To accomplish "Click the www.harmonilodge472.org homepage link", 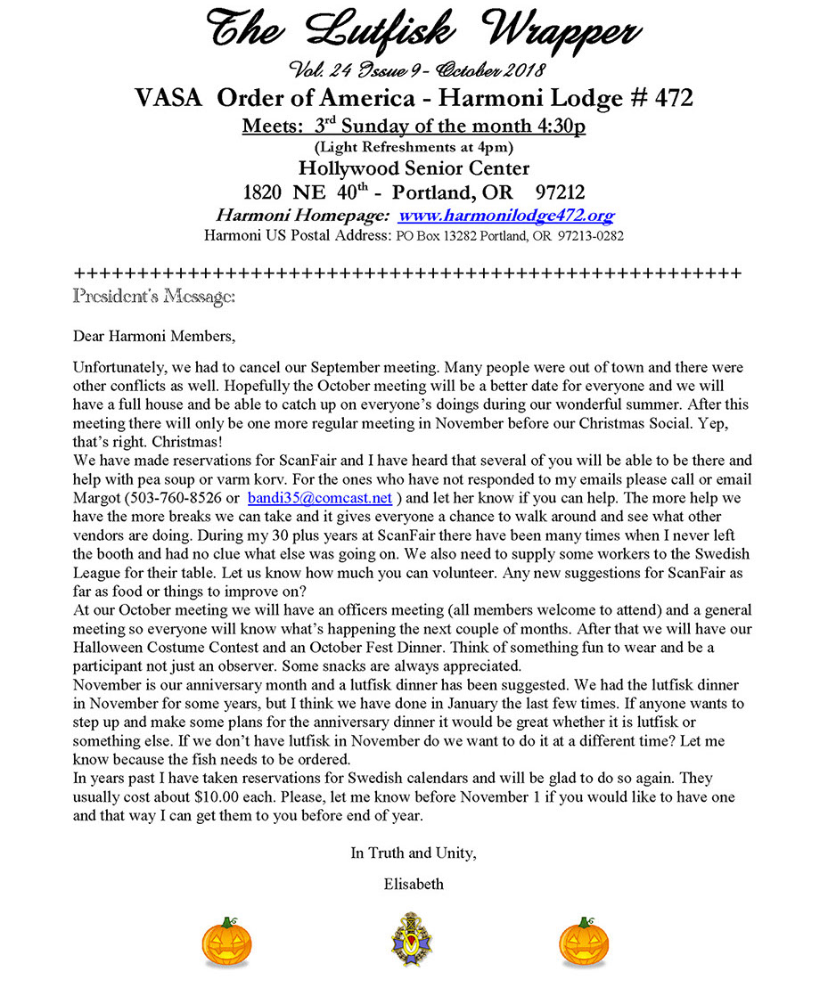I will coord(506,216).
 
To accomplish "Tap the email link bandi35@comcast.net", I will coord(320,498).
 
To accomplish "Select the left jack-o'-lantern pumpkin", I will coord(226,943).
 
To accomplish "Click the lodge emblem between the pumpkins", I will coord(411,939).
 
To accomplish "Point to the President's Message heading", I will coord(153,295).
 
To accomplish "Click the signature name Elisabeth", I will coord(413,885).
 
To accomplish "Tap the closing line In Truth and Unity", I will coord(413,853).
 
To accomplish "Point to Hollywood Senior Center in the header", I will coord(414,168).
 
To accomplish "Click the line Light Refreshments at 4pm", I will coord(413,147).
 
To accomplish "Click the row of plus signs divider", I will coord(406,272).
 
